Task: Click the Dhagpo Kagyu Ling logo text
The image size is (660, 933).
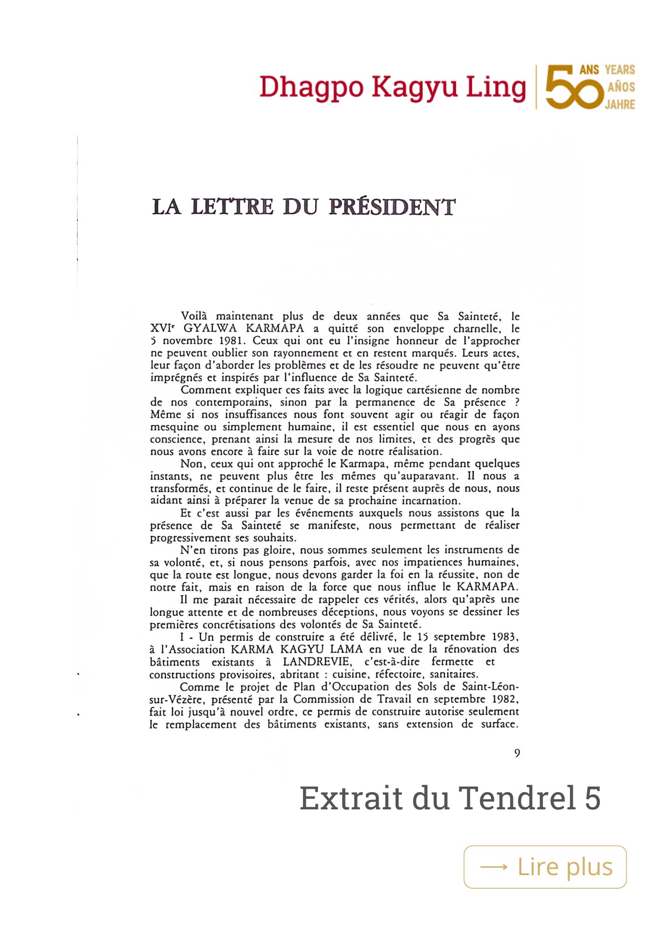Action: tap(392, 88)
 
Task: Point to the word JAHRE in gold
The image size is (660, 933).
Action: tap(620, 104)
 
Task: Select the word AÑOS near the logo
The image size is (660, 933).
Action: tap(621, 87)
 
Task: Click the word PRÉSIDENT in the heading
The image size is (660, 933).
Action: tap(392, 208)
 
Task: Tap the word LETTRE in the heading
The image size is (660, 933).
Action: tap(232, 208)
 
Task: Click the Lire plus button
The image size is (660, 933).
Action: tap(545, 867)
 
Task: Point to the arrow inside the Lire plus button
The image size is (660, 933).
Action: tap(493, 867)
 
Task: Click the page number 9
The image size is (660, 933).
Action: tap(517, 753)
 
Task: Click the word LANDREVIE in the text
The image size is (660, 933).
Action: tap(316, 661)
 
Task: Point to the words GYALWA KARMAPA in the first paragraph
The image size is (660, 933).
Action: tap(243, 328)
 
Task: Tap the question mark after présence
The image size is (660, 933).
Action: tap(516, 402)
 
